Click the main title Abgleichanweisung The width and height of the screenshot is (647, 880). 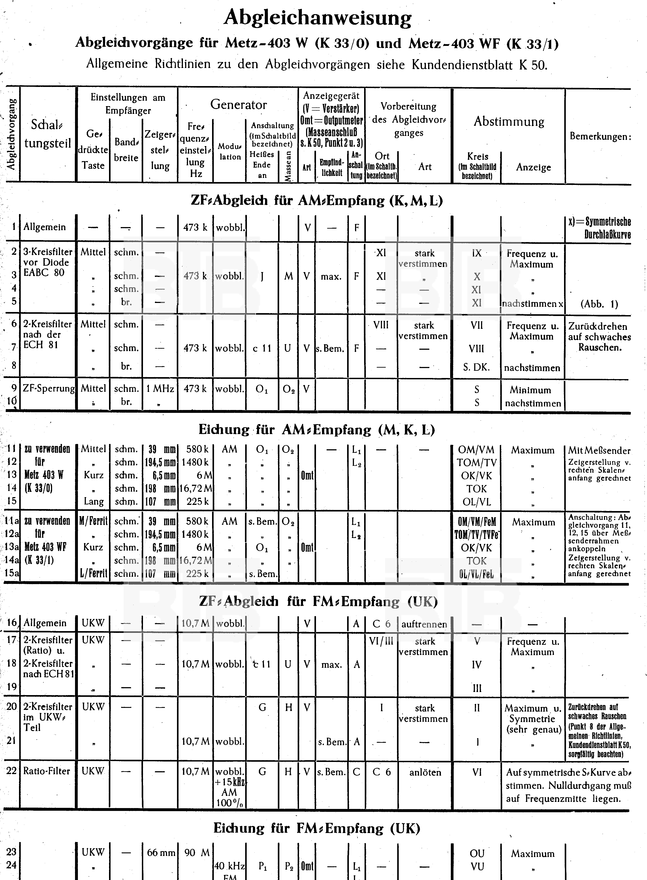point(318,18)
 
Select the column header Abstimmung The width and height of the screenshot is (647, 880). point(509,122)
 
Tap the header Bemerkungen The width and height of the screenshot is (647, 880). point(600,136)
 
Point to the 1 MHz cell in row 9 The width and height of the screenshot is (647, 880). point(160,389)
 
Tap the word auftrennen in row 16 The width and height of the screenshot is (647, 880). point(424,624)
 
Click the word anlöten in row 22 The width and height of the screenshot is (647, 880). point(425,772)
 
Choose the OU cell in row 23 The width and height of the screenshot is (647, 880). point(477,853)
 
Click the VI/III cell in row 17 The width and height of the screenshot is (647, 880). point(381,641)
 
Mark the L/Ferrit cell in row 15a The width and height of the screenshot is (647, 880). point(93,573)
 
